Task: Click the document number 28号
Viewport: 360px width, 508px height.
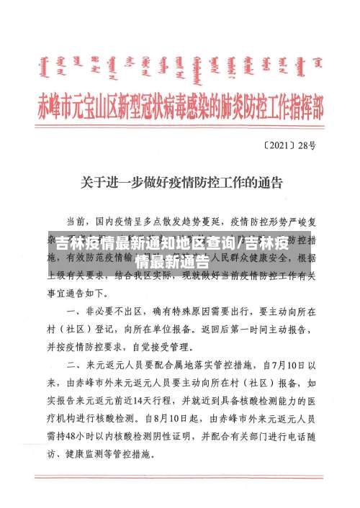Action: (307, 145)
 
